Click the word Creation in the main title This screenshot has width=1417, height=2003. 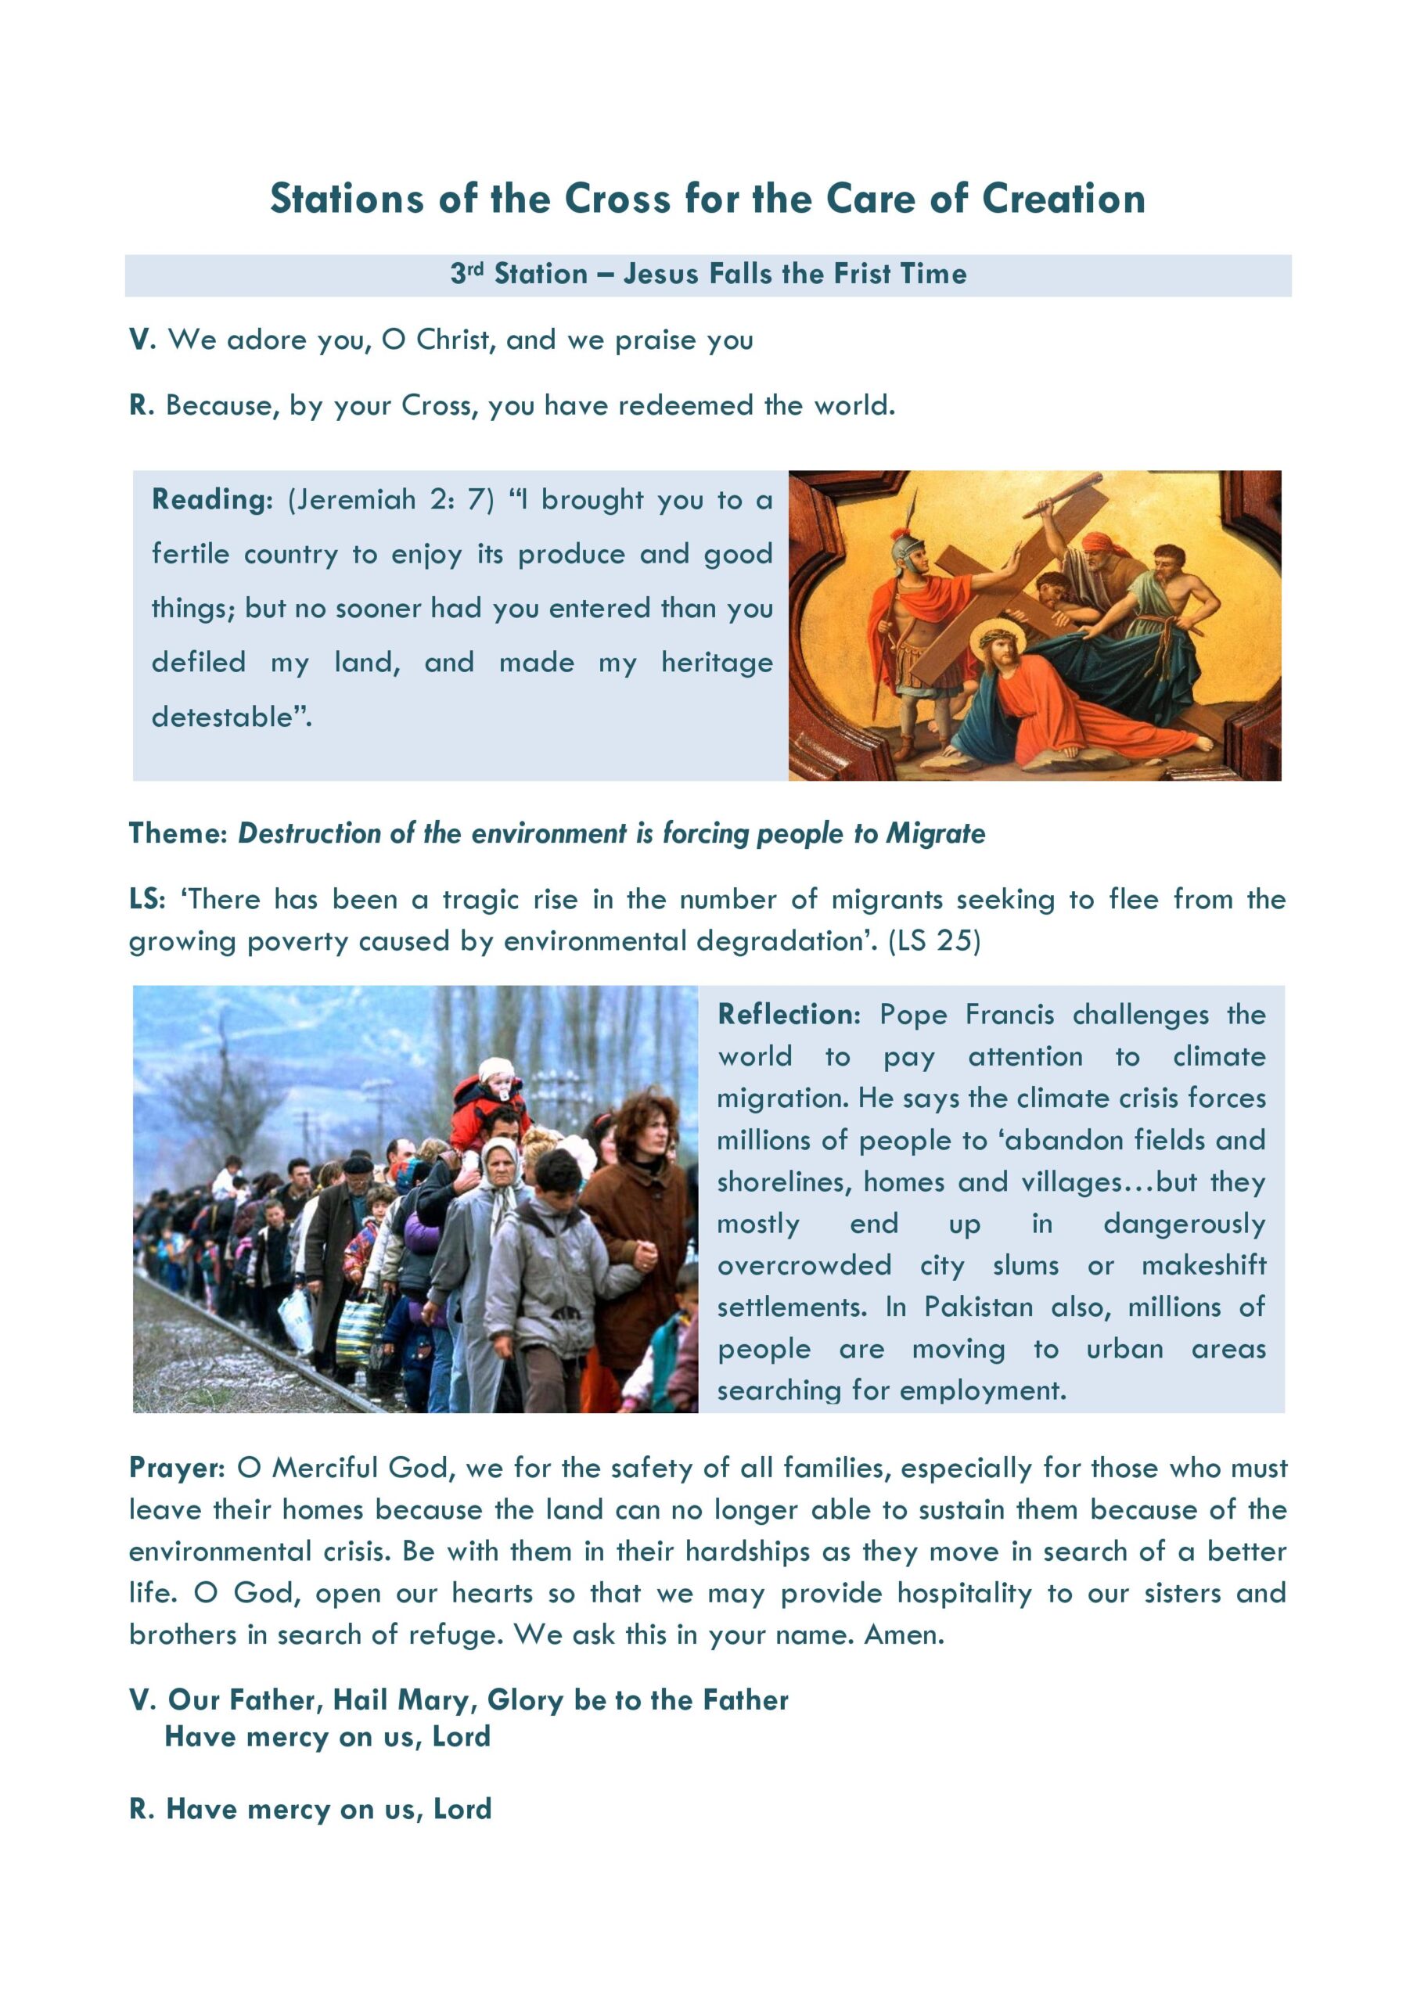1063,199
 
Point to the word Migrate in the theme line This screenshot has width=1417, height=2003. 935,834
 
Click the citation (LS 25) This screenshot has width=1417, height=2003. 933,941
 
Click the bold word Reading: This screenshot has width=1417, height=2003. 212,500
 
